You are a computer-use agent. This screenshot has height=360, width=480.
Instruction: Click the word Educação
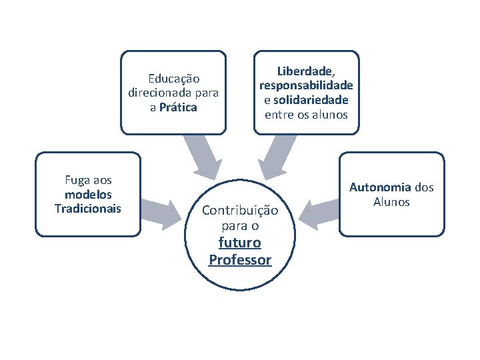tap(173, 79)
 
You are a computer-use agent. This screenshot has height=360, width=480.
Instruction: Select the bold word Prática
tap(178, 107)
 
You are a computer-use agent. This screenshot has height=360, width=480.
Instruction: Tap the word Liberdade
tap(305, 71)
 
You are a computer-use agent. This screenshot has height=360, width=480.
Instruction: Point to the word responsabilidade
tap(307, 85)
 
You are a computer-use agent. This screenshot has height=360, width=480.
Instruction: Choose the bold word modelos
tap(88, 195)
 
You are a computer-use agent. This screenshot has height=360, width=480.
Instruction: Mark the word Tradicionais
tap(88, 209)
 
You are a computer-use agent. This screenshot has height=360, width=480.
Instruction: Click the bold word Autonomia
tap(380, 187)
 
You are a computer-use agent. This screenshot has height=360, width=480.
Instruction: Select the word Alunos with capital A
tap(391, 202)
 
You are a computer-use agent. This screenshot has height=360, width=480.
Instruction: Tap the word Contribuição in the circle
tap(240, 211)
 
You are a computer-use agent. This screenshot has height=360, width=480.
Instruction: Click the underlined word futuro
tap(240, 243)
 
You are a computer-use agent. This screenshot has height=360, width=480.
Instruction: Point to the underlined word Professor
tap(240, 259)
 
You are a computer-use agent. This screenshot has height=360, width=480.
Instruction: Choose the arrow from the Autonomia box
tap(318, 212)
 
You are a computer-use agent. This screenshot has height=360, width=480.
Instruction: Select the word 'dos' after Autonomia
tap(423, 187)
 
